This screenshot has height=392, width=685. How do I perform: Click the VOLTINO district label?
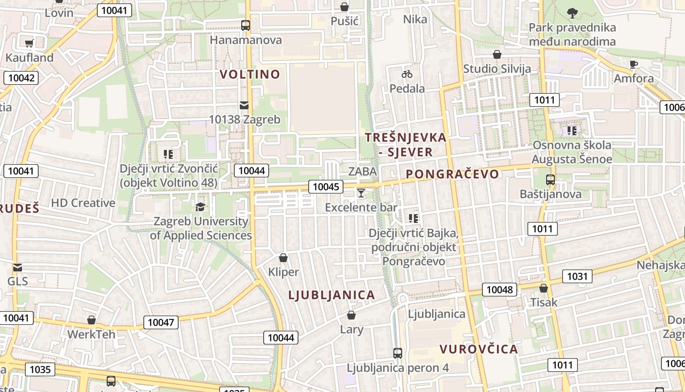coord(250,74)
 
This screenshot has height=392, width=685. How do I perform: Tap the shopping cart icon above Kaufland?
coord(29,43)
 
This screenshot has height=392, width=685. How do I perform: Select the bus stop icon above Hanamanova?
coord(246,25)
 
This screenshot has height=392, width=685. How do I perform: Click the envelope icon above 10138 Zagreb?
coord(244,105)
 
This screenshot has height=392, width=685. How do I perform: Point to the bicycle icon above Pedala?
coord(407,74)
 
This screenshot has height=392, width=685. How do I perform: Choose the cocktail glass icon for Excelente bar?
coord(361,193)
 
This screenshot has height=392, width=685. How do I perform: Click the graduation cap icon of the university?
coord(200,207)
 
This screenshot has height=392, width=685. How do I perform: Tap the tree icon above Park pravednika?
coord(572,13)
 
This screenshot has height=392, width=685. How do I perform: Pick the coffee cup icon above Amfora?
coord(634,64)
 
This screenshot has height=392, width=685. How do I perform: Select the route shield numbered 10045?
coord(326,187)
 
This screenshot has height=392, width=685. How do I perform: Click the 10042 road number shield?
coord(21,78)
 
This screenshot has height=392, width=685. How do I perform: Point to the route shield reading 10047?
coord(161,322)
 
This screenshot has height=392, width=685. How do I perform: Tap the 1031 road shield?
coord(577,276)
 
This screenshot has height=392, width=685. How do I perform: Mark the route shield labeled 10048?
coord(500,290)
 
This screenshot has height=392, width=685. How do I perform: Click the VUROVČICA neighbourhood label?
coord(479,349)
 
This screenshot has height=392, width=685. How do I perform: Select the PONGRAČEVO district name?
coord(453,174)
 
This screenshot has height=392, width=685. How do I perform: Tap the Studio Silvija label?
coord(497,69)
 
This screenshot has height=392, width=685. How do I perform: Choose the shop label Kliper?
coord(283,272)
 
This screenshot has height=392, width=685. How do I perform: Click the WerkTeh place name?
coord(91,335)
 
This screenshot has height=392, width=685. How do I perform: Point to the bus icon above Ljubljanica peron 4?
coord(398,353)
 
